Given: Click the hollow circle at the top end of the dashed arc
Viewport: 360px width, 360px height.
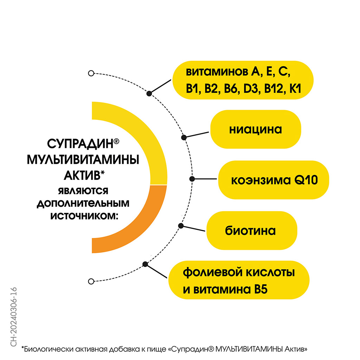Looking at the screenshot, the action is [x=91, y=73].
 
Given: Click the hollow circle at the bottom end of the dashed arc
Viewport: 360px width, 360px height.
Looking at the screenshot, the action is [x=91, y=281].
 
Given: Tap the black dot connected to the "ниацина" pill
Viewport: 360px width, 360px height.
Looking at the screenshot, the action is [x=184, y=137].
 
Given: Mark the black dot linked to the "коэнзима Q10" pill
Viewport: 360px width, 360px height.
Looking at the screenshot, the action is [x=192, y=179].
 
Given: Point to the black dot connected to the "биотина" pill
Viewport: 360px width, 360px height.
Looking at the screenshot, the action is [x=181, y=226].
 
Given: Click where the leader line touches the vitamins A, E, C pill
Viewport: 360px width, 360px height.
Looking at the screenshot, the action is [x=171, y=80].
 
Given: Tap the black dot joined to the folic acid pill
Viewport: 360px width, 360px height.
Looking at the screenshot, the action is [x=145, y=264].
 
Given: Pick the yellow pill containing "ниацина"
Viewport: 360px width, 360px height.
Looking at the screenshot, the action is [x=256, y=129].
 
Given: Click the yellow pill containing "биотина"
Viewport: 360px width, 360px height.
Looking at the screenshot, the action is [x=252, y=231].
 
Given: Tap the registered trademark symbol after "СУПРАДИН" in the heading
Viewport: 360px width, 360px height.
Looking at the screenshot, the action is [x=116, y=141].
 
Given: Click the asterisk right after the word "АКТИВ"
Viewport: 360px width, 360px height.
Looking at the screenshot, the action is [x=102, y=172].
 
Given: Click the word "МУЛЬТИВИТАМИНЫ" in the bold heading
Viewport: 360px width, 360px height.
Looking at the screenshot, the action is [x=83, y=160].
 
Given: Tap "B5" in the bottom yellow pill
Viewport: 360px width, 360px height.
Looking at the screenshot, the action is [x=261, y=289].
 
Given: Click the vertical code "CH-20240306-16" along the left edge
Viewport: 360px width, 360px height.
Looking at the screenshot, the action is [x=14, y=317].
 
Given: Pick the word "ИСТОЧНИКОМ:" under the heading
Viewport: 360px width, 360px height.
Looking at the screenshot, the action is [x=84, y=216].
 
